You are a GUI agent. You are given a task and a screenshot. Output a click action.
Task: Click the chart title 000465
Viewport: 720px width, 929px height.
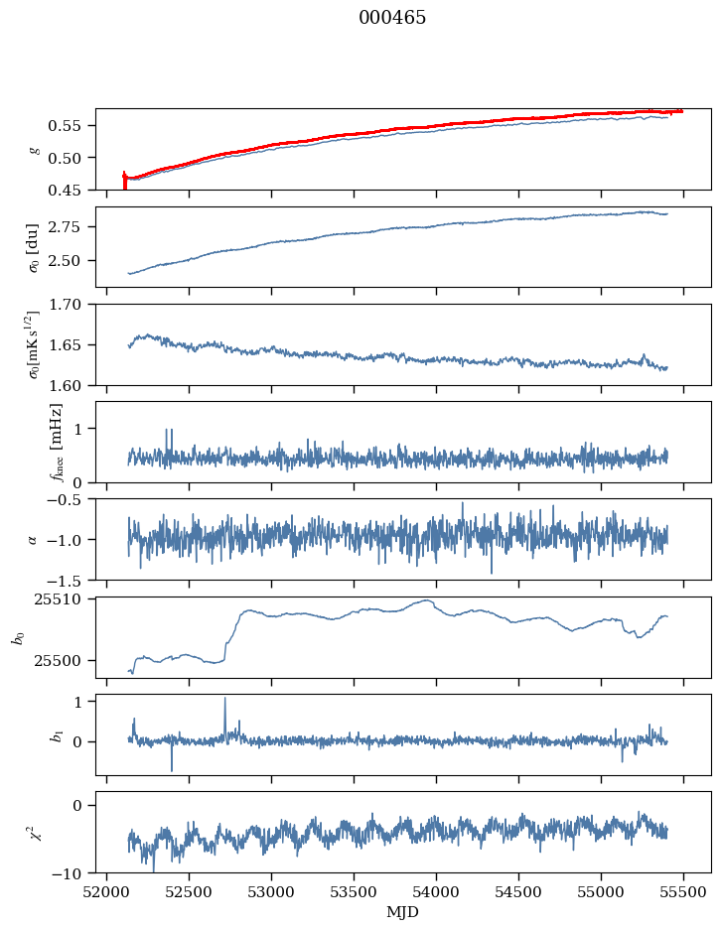(392, 18)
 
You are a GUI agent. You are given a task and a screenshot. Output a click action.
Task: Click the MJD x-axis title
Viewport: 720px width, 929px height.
(403, 912)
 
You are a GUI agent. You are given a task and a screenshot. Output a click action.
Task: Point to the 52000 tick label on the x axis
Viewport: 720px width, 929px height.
(107, 891)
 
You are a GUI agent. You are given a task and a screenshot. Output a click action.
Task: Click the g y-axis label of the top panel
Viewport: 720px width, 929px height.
(35, 150)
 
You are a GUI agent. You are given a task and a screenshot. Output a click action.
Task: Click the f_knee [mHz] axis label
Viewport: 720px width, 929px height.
(56, 442)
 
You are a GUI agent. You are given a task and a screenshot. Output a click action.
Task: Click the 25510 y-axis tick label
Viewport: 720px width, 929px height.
(66, 599)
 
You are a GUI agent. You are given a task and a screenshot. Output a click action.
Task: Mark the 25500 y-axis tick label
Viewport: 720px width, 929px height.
(66, 660)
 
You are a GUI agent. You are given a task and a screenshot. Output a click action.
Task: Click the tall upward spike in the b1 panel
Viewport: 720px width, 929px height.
(224, 701)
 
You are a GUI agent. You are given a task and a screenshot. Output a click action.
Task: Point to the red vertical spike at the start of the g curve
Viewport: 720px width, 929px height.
(124, 180)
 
